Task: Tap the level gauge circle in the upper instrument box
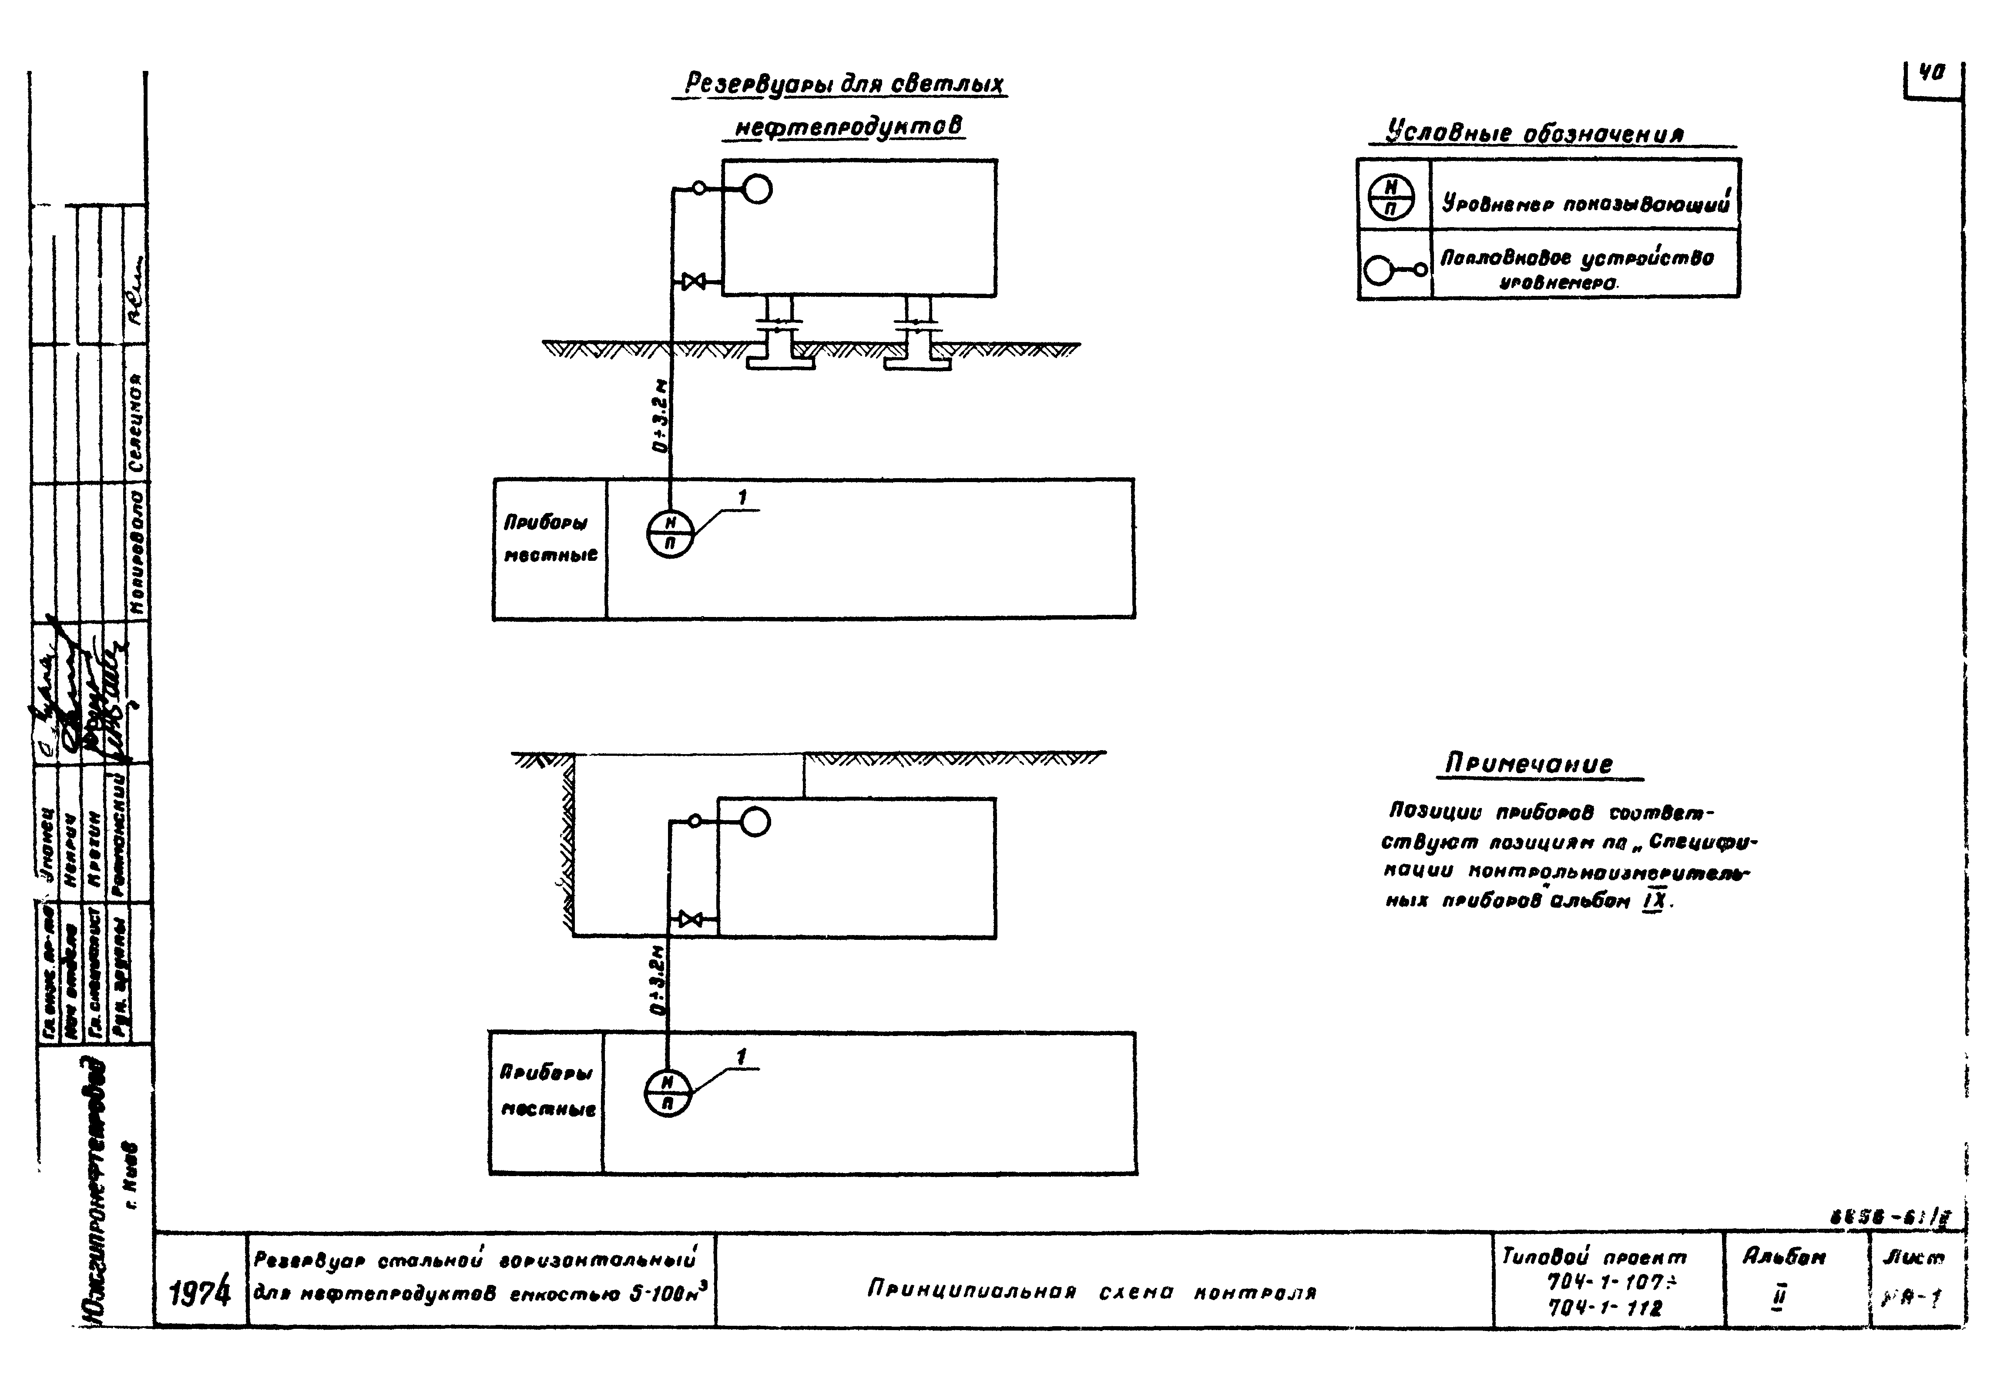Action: tap(670, 533)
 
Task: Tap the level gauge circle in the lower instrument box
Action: tap(667, 1093)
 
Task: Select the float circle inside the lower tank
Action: tap(755, 822)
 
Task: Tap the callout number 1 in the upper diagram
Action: tap(742, 498)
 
